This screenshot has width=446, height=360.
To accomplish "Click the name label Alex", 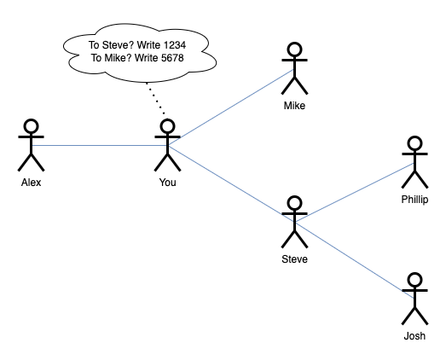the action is [x=31, y=183].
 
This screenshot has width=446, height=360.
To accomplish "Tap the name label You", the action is [x=167, y=183].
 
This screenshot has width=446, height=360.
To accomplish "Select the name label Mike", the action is [x=294, y=106].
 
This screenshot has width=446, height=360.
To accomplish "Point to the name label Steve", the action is [x=294, y=259].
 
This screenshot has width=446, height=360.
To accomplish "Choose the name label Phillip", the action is [x=414, y=200].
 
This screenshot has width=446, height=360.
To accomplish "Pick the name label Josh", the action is [x=414, y=336].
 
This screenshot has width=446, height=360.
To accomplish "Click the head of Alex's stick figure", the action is [x=31, y=126].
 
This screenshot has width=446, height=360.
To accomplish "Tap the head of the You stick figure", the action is [x=167, y=126].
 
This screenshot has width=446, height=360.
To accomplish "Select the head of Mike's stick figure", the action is [x=294, y=49].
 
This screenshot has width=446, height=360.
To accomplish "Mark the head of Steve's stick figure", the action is [x=294, y=203].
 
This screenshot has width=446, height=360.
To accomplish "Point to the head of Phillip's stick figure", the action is [x=414, y=143].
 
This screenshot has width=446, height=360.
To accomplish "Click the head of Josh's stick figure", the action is [x=414, y=280].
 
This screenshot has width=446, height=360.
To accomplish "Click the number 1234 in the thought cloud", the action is [x=175, y=45].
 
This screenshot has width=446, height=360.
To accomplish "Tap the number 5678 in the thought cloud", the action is [x=172, y=58].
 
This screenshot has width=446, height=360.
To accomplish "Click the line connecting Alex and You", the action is [x=99, y=145].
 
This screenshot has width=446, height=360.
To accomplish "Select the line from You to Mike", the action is [x=231, y=107].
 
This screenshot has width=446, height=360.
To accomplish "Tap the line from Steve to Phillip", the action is [x=355, y=193].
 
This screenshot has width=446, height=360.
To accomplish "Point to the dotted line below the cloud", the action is [x=155, y=98].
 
